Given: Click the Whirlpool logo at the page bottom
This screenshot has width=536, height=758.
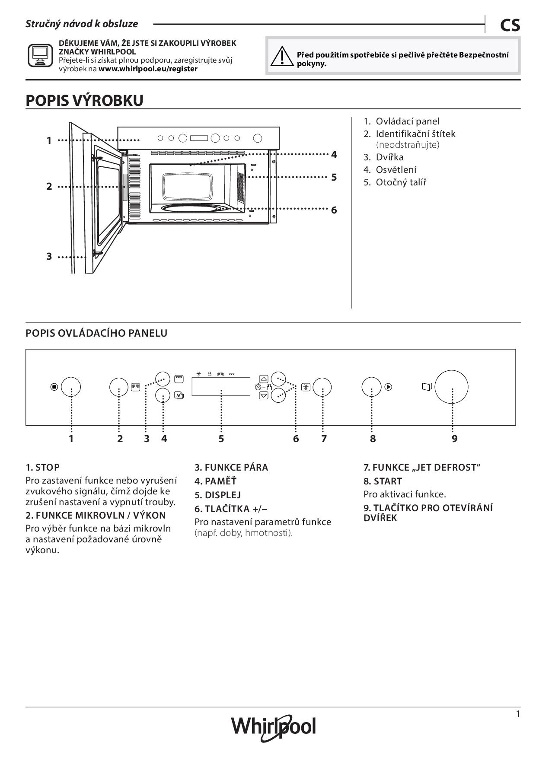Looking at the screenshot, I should coord(273,727).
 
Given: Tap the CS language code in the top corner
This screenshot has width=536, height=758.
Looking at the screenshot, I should coord(510,25).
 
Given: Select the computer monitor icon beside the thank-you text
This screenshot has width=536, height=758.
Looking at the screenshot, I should coord(40,55).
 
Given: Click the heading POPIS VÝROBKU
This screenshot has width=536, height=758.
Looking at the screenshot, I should coord(84,100).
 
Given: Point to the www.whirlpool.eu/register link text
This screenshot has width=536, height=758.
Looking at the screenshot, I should coord(148,69).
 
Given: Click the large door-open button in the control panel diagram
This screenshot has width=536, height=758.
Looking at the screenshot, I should coord(451,386).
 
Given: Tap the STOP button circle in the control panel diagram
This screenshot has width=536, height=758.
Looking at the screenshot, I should coord(71,387).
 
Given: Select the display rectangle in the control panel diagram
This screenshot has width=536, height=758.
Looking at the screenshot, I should coord(221,386).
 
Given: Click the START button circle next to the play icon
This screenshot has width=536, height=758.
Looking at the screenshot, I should coord(371,387).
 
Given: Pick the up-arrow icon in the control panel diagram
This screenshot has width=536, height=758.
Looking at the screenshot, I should coord(264,379).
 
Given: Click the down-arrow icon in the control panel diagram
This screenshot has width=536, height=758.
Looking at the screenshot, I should coord(264,395).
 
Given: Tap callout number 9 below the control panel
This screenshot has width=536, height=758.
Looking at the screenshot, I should coord(454,439).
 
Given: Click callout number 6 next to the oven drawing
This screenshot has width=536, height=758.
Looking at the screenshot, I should coord(334,210).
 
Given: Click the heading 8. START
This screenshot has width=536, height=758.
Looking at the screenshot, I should coord(383,481).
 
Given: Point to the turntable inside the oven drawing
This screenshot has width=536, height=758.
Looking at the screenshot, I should coord(195,208).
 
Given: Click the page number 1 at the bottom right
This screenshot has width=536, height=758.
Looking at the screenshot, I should coord(517,714).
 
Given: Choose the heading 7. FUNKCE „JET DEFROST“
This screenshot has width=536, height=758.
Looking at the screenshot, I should coord(421,467).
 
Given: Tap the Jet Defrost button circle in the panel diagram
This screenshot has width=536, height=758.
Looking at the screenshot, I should coord(322,387).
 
